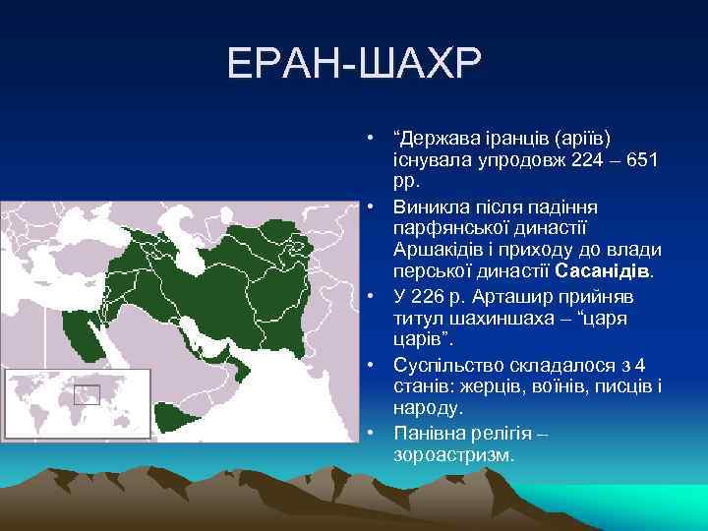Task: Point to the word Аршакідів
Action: pos(437,248)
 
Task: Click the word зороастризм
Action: pos(452,455)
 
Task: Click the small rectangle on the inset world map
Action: pos(87,395)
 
